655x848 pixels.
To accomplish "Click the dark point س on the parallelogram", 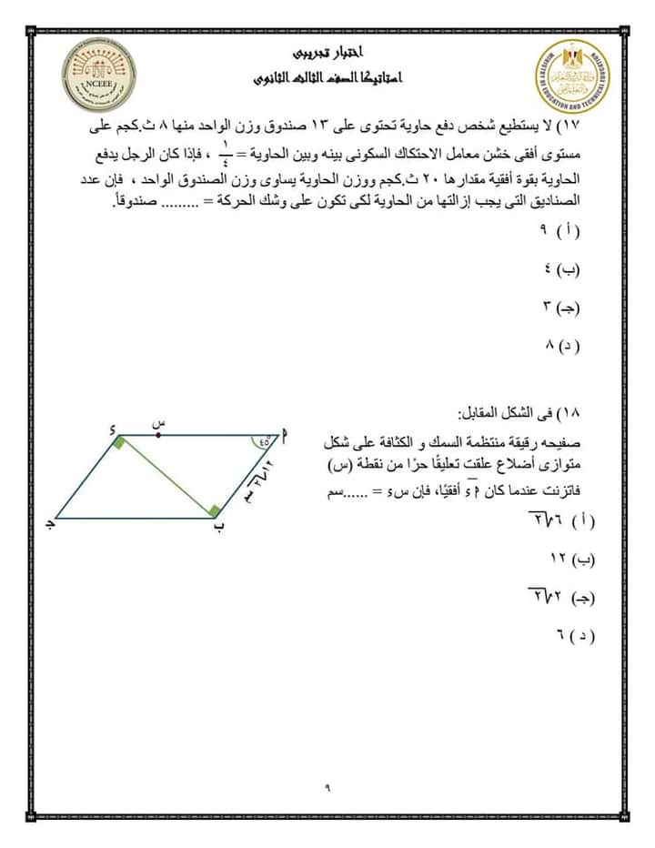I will pyautogui.click(x=158, y=435).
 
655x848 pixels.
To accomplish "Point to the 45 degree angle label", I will pyautogui.click(x=265, y=443).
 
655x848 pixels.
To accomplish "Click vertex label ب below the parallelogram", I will pyautogui.click(x=218, y=529).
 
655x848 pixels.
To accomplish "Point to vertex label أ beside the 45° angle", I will pyautogui.click(x=286, y=436).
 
